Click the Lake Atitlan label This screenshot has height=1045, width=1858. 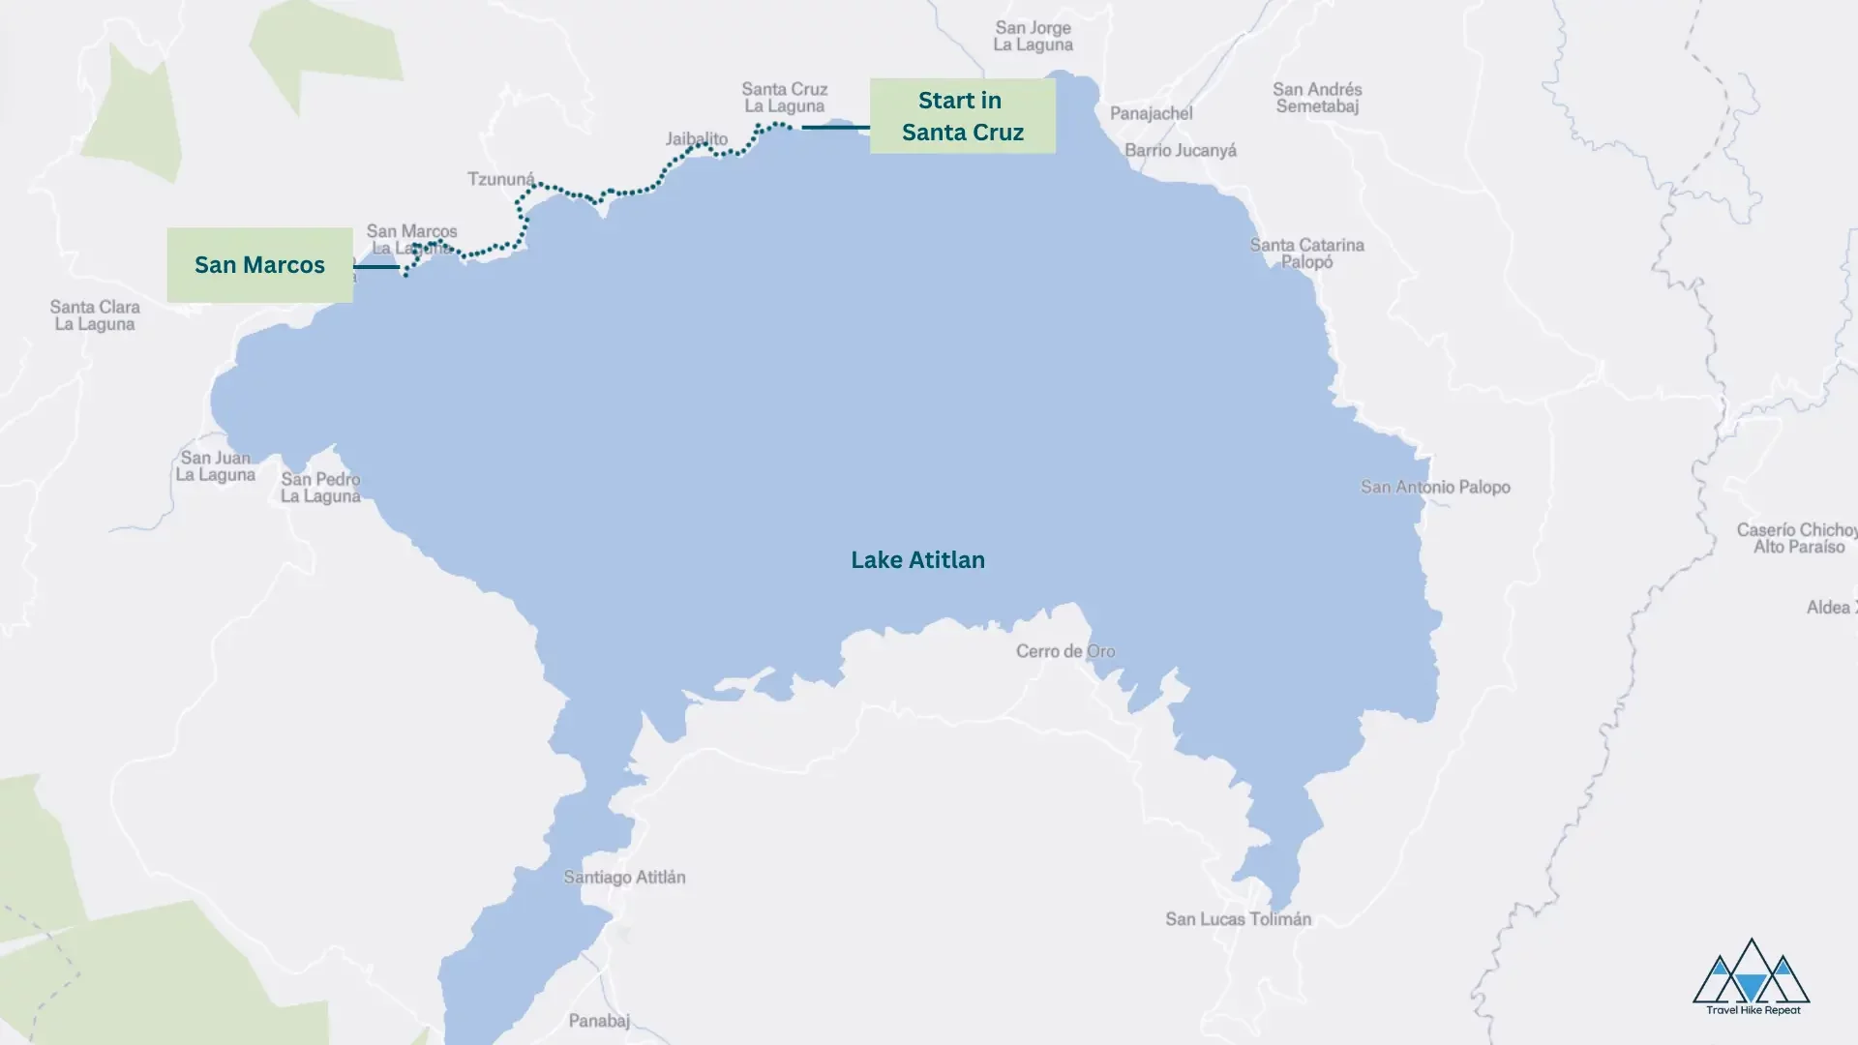tap(917, 560)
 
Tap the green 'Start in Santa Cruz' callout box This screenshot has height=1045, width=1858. tap(962, 116)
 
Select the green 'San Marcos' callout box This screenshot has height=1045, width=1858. tap(259, 265)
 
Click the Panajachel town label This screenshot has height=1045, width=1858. tap(1151, 113)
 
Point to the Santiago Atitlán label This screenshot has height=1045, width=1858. tap(624, 878)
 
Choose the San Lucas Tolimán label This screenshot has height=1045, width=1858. tap(1238, 919)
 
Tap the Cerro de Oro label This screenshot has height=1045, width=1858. tap(1064, 651)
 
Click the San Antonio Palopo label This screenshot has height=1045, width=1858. tap(1434, 487)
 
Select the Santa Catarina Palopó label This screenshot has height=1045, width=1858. tap(1306, 253)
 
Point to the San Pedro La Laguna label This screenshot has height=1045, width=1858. tap(320, 488)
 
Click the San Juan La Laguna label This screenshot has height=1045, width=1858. tap(215, 465)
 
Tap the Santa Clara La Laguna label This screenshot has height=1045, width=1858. tap(95, 315)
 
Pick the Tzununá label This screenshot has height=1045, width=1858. tap(500, 179)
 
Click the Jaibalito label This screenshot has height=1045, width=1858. tap(696, 139)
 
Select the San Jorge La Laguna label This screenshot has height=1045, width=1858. tap(1033, 36)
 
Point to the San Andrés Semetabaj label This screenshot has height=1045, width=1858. tap(1317, 98)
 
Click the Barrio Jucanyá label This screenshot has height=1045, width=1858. tap(1180, 150)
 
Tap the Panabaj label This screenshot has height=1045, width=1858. tap(599, 1021)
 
